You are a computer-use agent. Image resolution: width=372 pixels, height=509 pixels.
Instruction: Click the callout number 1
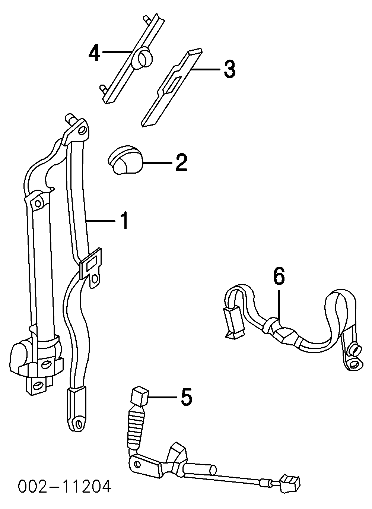(124, 220)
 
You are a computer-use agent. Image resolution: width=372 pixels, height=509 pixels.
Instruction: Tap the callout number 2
(181, 163)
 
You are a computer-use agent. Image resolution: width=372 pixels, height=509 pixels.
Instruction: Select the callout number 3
(229, 69)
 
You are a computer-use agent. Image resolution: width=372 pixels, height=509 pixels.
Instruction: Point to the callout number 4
(94, 53)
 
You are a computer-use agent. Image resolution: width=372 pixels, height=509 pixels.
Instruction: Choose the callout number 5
(186, 397)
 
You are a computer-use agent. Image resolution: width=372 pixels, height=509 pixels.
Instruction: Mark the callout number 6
(279, 277)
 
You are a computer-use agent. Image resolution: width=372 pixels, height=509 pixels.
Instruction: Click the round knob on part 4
(143, 59)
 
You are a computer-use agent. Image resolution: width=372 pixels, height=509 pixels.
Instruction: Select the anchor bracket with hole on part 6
(352, 356)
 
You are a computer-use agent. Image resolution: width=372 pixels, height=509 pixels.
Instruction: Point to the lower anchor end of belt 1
(77, 409)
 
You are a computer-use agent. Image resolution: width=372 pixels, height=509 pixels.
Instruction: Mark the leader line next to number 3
(207, 69)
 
